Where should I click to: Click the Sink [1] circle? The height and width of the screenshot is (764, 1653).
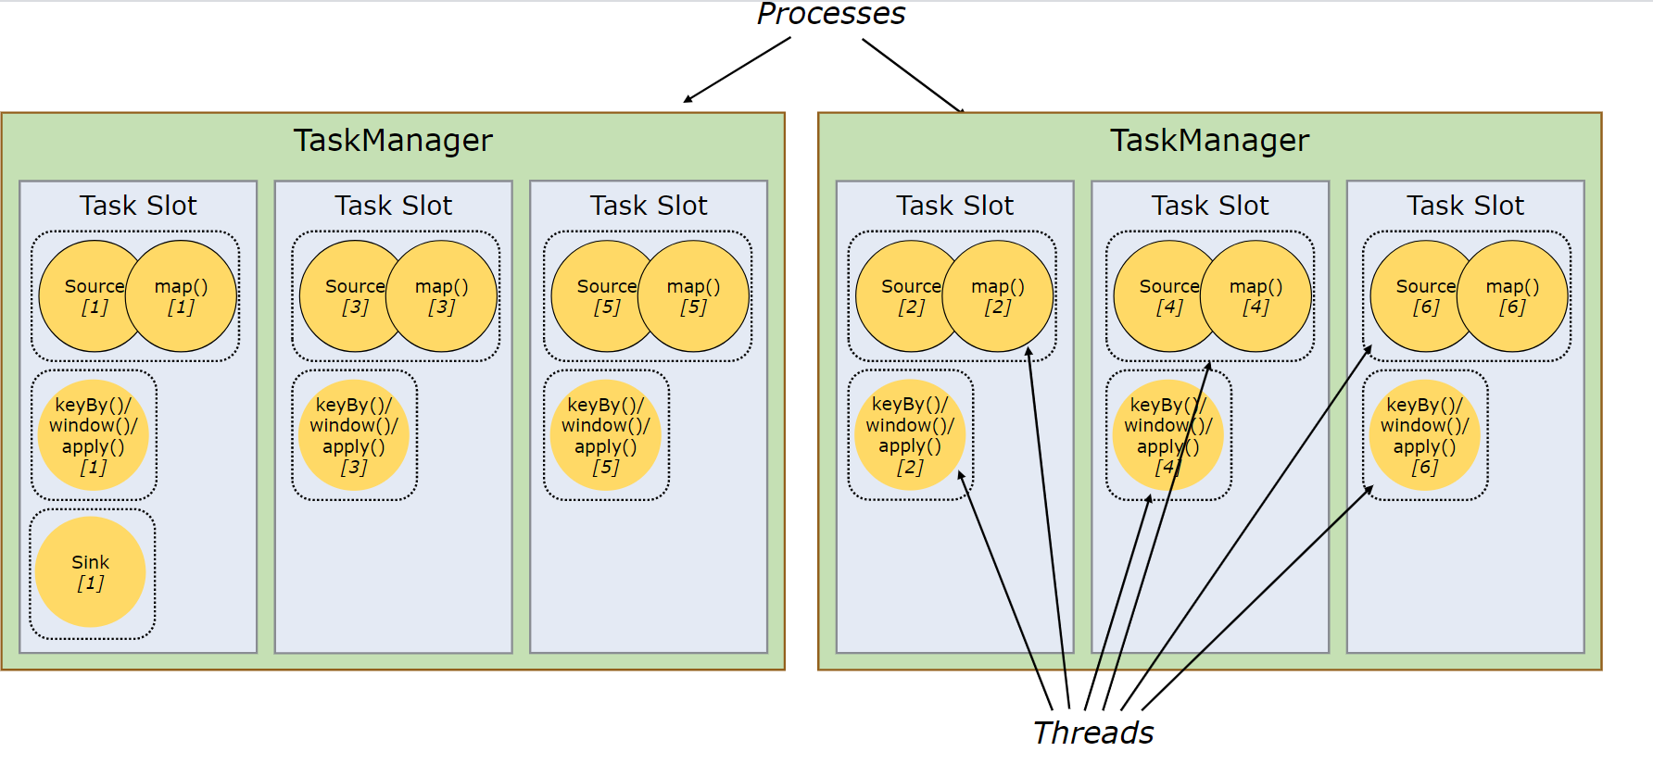point(91,572)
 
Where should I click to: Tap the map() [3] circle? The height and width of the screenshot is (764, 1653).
point(442,296)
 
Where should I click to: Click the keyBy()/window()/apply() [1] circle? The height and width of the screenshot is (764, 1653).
point(94,435)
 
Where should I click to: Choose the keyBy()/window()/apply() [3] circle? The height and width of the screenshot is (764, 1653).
point(354,435)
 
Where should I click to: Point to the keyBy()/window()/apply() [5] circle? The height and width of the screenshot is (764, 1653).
point(606,435)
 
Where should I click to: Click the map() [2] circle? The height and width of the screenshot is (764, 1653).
point(998,296)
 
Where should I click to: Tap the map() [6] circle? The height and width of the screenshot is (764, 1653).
point(1512,296)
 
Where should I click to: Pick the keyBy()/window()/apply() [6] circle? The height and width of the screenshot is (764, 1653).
point(1425,435)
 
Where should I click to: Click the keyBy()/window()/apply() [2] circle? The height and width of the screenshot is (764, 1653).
point(910,435)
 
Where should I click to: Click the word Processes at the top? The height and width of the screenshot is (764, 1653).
point(831,13)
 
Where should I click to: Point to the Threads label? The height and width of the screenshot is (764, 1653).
point(1093,733)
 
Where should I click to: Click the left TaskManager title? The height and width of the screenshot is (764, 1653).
point(393,140)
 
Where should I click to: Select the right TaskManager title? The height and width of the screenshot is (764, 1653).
point(1210,140)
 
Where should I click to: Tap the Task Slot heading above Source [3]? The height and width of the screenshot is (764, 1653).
point(394,206)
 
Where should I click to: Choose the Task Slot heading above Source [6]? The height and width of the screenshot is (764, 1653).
point(1466,206)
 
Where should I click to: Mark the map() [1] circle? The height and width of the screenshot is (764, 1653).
point(181,296)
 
